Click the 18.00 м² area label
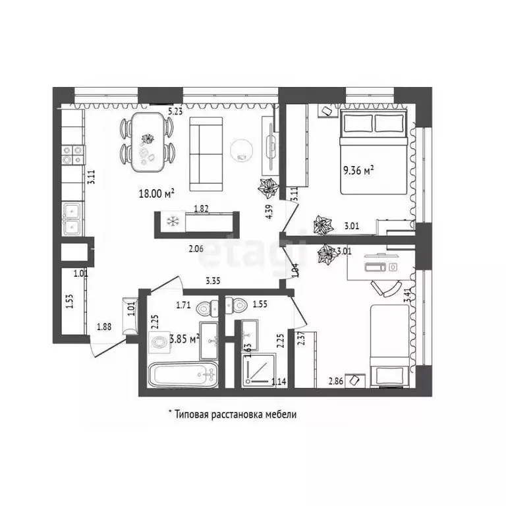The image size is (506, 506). point(156,193)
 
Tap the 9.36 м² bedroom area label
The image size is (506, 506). point(358,170)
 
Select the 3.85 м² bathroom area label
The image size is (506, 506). point(184,339)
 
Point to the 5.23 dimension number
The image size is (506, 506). point(175,112)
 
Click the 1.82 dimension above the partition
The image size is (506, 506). point(202,209)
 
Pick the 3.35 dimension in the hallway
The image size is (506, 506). point(212,281)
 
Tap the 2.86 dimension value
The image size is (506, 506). point(336,381)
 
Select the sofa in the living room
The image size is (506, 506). point(208,152)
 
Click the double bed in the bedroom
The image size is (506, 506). point(374,152)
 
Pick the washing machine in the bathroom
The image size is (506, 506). point(159,343)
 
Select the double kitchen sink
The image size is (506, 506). point(72,219)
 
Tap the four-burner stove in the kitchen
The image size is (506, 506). point(72,154)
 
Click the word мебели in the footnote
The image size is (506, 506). point(281,414)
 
